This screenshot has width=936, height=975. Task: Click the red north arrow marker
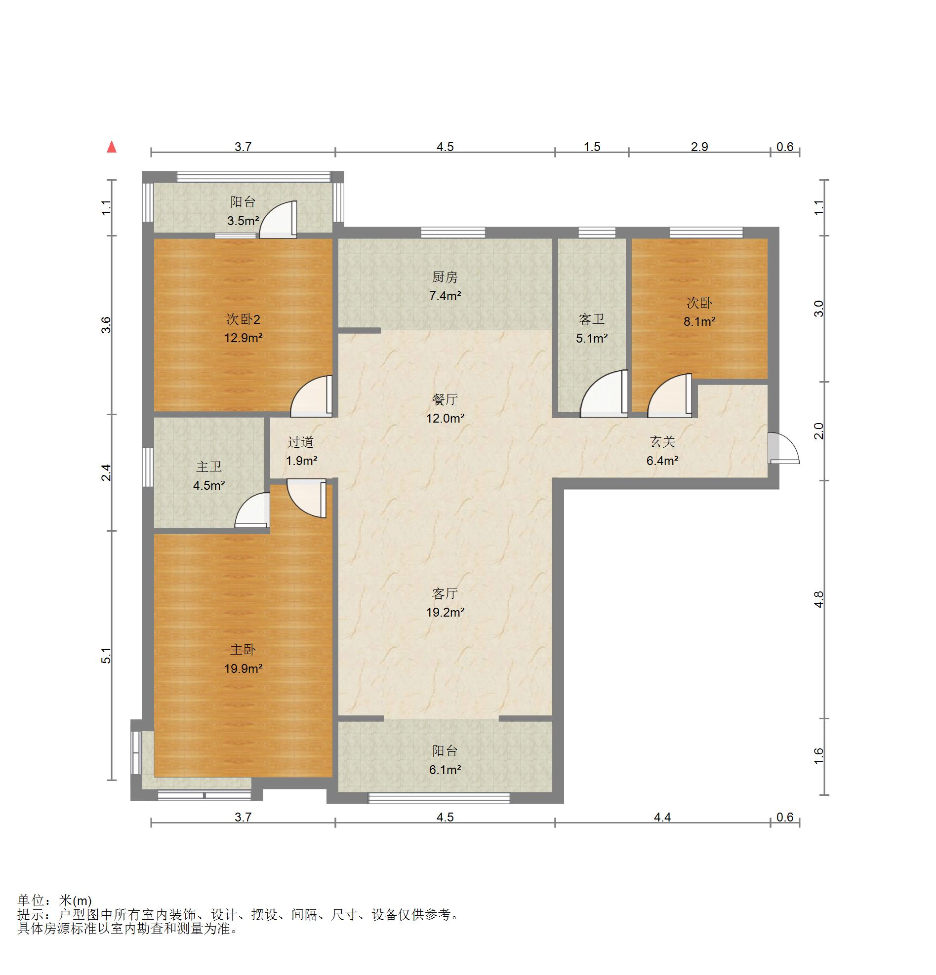pos(112,147)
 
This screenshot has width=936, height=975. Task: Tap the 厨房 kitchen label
pos(445,277)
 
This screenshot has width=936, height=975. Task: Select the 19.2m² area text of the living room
pos(445,612)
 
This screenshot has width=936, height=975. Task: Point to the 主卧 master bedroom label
pos(243,649)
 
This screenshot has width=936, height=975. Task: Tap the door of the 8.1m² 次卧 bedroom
pos(670,395)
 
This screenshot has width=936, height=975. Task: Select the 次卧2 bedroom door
pos(312,396)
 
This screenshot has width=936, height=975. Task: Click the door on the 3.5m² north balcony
pos(278,219)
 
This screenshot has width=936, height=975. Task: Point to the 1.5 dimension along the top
pos(592,147)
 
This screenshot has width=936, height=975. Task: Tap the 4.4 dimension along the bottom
pos(662,818)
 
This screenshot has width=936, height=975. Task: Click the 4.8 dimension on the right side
pos(819,599)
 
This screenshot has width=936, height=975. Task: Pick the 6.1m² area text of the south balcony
pos(445,770)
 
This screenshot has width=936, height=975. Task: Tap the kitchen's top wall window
pos(453,233)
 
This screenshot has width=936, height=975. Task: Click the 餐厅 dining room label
pos(445,399)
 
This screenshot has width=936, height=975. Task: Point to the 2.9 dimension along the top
pos(699,147)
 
